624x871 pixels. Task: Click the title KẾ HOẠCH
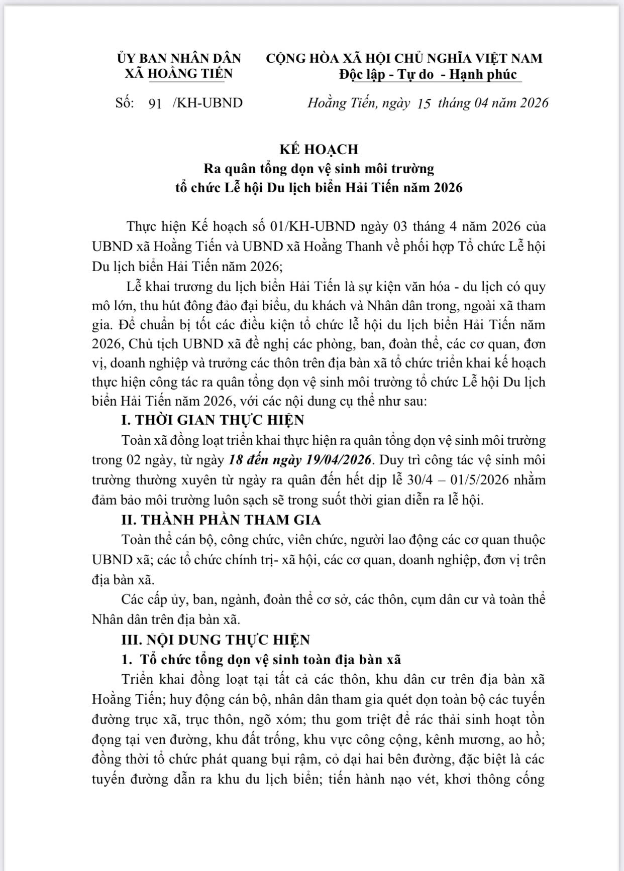pos(319,149)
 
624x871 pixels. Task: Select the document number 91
pos(155,103)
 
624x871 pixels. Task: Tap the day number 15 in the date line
pos(424,103)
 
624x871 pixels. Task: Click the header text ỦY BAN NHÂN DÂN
pos(179,58)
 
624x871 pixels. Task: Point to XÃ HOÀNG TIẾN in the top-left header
pos(179,74)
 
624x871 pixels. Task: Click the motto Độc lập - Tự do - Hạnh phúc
pos(428,74)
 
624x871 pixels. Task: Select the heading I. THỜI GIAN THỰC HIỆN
pos(213,420)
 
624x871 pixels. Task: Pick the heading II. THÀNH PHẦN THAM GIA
pos(221,520)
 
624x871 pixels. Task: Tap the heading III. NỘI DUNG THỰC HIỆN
pos(216,640)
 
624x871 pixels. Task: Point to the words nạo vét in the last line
pos(413,779)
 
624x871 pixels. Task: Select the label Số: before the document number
pos(125,103)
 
